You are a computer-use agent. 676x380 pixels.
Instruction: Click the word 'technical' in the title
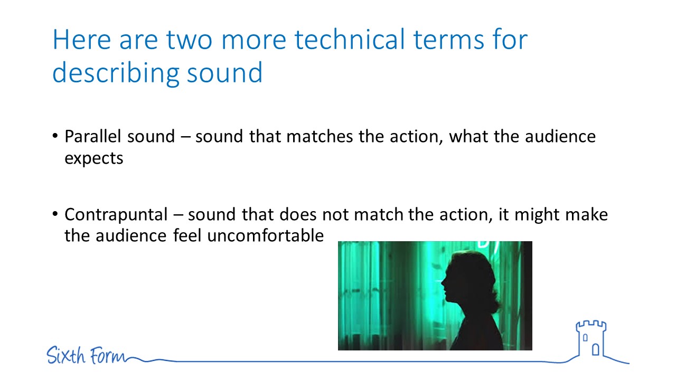click(x=350, y=40)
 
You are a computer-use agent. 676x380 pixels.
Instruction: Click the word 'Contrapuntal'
click(x=116, y=215)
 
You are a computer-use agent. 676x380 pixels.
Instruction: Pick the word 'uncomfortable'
click(x=265, y=235)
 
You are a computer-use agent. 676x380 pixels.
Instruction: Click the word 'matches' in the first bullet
click(x=320, y=136)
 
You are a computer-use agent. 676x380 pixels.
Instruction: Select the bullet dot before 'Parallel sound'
click(x=55, y=135)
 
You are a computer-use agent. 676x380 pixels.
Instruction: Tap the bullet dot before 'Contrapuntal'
click(x=55, y=214)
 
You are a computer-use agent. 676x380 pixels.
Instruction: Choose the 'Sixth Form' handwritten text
click(x=86, y=355)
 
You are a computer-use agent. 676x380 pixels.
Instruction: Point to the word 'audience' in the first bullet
click(x=560, y=136)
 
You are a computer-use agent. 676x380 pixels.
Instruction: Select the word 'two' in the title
click(x=189, y=40)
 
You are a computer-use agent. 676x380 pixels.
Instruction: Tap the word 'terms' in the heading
click(x=448, y=40)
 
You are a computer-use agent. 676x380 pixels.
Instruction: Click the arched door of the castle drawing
click(x=596, y=350)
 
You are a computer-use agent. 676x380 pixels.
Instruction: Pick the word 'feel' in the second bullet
click(x=187, y=235)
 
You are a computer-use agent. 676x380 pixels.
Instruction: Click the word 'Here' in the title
click(x=82, y=40)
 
